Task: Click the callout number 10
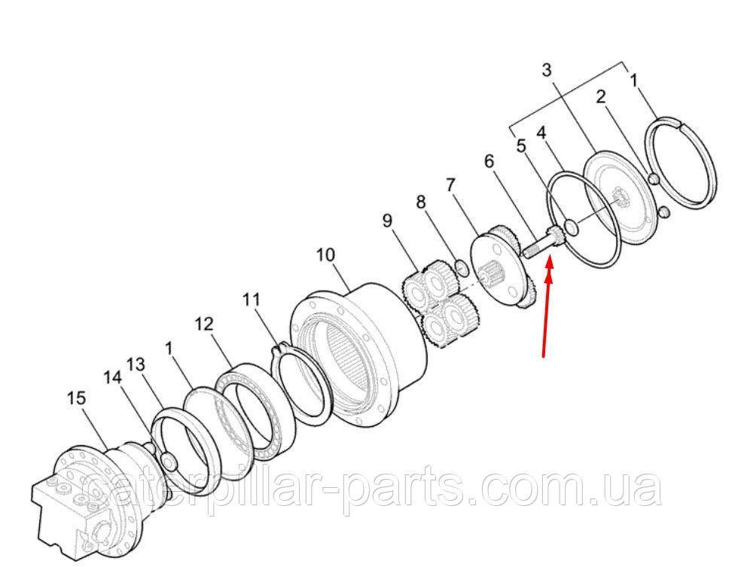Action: tap(325, 255)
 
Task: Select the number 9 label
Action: tap(388, 221)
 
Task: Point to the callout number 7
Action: tap(450, 184)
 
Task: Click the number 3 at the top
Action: tap(547, 71)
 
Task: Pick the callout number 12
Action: tap(204, 325)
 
